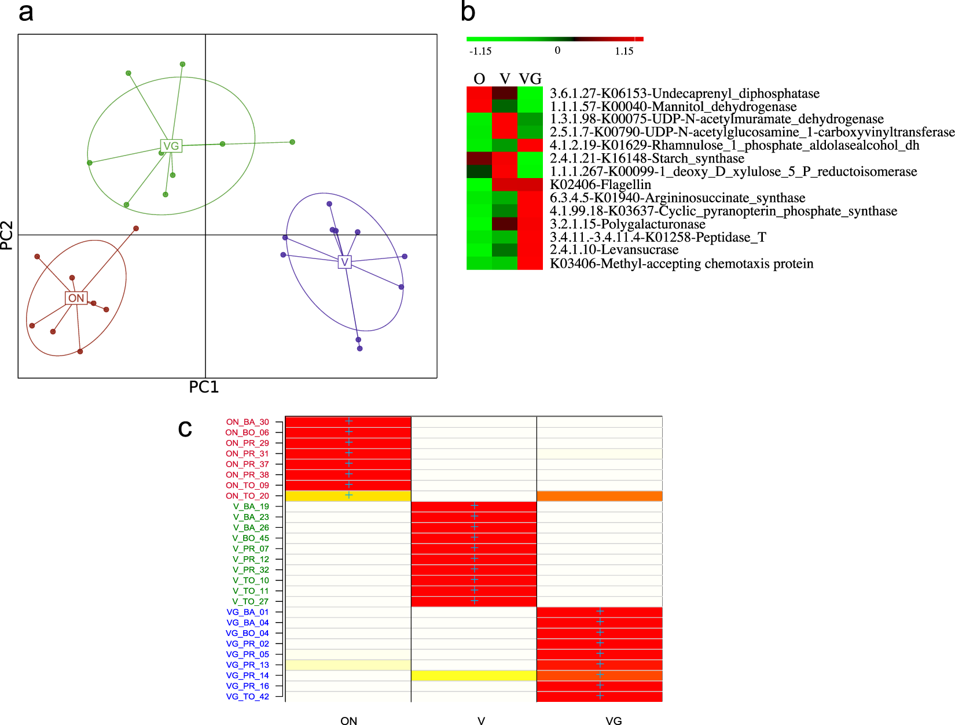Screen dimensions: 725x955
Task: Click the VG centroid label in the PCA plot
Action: [x=171, y=146]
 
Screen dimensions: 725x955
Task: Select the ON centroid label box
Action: [x=76, y=298]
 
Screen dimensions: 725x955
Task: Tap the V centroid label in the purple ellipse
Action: [x=344, y=262]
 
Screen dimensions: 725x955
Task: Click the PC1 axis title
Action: [x=204, y=387]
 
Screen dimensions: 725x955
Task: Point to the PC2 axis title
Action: [x=7, y=235]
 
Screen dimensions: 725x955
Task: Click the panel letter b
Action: [x=468, y=12]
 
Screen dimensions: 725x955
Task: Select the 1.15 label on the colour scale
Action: [x=623, y=51]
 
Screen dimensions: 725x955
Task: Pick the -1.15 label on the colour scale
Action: [x=480, y=51]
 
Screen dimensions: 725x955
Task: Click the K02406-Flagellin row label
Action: [x=600, y=184]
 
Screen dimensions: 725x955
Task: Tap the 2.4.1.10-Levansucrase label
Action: [x=614, y=250]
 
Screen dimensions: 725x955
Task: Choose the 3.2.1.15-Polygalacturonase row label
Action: [x=627, y=224]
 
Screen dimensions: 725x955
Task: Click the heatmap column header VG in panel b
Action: [x=530, y=79]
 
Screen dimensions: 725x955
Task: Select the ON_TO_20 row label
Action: [x=247, y=495]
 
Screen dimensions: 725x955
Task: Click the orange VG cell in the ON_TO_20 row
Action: [x=599, y=495]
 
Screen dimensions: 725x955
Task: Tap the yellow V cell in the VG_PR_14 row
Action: [x=473, y=675]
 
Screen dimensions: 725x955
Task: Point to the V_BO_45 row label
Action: [x=251, y=538]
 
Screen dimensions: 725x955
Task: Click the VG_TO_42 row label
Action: [x=247, y=696]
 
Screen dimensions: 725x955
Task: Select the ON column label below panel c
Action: [x=348, y=720]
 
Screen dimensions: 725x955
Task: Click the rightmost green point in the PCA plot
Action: [x=292, y=142]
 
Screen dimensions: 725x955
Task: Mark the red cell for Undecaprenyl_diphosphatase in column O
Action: [x=479, y=93]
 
